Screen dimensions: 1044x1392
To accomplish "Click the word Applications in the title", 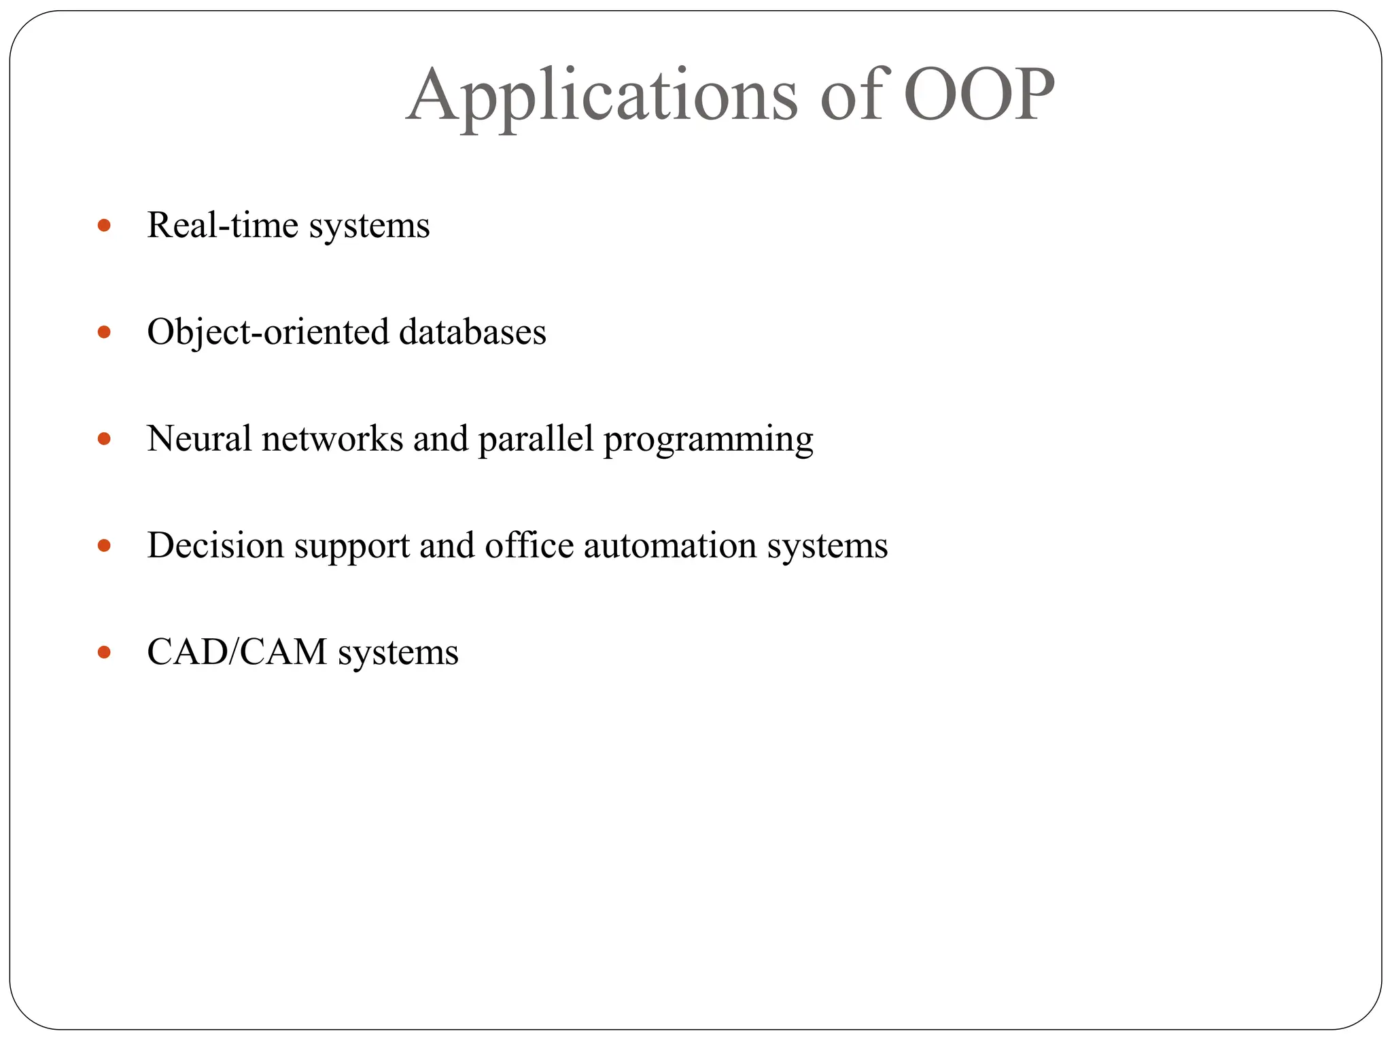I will [602, 97].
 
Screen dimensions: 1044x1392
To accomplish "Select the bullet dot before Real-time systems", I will [104, 225].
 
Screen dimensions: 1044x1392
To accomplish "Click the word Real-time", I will [222, 226].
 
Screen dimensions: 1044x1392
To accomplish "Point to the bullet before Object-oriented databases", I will [104, 332].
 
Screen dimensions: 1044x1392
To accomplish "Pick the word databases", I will [472, 332].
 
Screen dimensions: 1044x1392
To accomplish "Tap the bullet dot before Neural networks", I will [104, 439].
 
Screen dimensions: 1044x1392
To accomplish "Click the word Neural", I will [200, 439].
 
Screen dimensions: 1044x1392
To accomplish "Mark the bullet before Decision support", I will [104, 546].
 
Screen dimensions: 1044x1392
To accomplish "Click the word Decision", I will [215, 546].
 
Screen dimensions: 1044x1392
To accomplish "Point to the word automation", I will [669, 546].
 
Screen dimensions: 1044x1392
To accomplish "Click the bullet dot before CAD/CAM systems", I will [104, 652].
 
